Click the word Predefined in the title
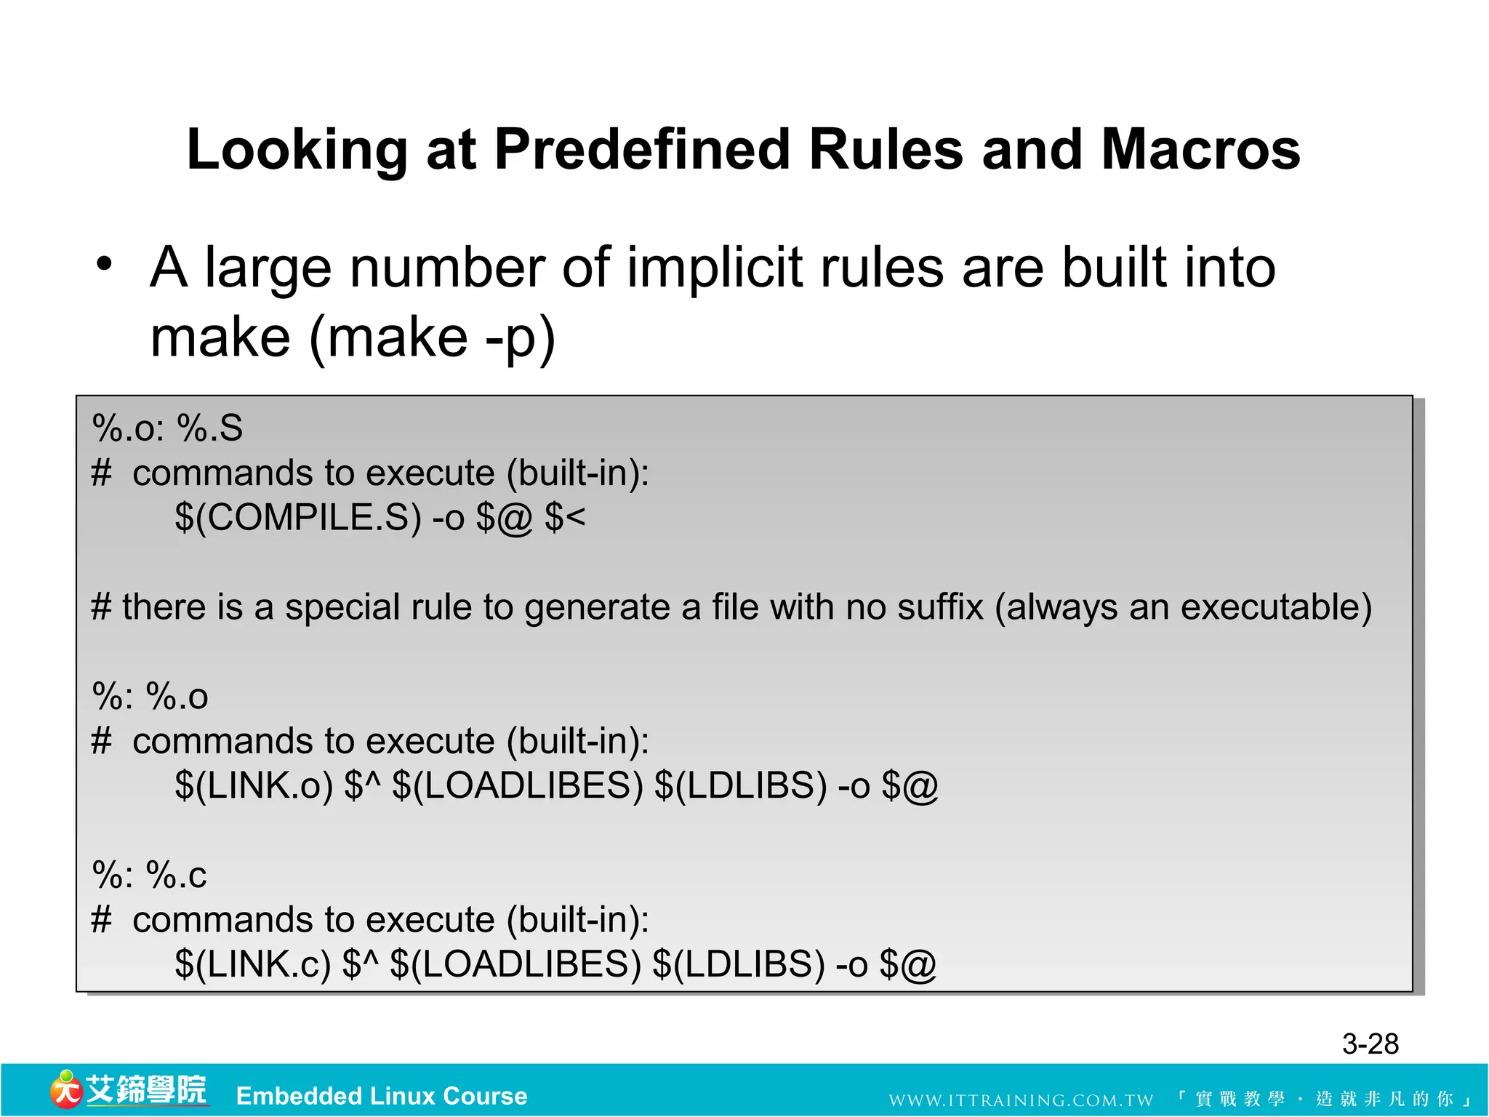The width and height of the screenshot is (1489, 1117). pos(641,150)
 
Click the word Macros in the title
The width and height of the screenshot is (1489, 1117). pos(1200,150)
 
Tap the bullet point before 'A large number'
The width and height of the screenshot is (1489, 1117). pos(105,264)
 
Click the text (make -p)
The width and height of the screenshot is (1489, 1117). pos(432,338)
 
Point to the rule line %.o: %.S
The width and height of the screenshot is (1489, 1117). pos(167,428)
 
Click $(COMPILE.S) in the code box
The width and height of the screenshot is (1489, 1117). pos(298,518)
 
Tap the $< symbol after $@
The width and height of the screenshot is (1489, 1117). pos(564,518)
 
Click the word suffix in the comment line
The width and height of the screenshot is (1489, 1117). pos(940,606)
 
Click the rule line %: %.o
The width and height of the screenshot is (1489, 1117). pos(150,696)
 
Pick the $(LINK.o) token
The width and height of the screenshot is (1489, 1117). pos(254,786)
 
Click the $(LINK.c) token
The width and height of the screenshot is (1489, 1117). pos(252,964)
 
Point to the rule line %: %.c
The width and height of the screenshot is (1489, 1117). pos(149,875)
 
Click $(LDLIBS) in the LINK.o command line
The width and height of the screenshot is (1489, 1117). pos(740,786)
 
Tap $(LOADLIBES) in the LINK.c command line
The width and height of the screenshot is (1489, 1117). pos(515,964)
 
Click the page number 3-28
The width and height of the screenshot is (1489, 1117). pos(1370,1044)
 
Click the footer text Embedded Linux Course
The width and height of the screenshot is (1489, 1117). pos(382,1096)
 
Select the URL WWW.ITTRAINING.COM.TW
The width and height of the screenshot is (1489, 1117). pos(1021,1100)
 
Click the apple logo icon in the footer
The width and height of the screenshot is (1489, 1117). pos(65,1089)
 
